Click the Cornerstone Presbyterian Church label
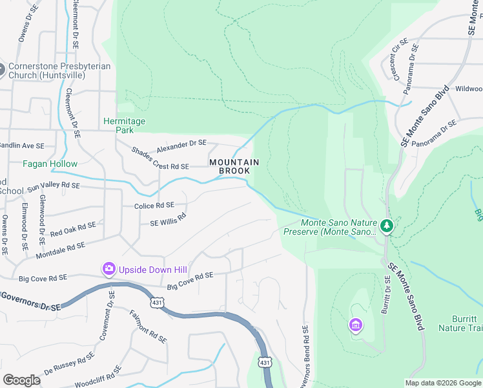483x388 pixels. click(59, 71)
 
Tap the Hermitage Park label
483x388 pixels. click(125, 125)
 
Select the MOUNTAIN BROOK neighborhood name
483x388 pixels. click(234, 167)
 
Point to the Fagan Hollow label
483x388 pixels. click(50, 164)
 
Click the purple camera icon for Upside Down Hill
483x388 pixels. click(108, 268)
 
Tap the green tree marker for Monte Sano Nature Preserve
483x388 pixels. click(387, 226)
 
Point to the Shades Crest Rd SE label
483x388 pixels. click(159, 158)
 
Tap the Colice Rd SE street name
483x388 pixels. click(154, 206)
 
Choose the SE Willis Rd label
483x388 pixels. click(168, 220)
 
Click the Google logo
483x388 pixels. click(21, 380)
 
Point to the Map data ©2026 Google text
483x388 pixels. click(443, 383)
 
